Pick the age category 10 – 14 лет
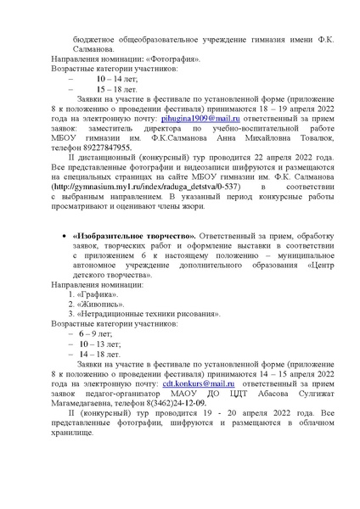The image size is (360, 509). [110, 77]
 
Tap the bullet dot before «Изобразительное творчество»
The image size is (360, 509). [67, 235]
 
